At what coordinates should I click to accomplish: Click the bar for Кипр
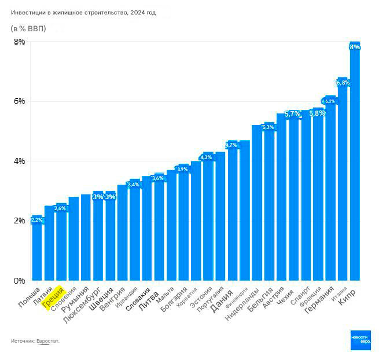click(355, 162)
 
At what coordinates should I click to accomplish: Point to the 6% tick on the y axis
click(19, 101)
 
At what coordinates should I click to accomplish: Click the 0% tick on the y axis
click(19, 281)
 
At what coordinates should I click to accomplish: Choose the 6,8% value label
click(343, 83)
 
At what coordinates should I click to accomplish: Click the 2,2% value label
click(36, 220)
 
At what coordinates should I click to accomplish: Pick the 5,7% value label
click(293, 114)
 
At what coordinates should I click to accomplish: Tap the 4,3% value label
click(206, 157)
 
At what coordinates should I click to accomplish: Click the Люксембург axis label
click(82, 303)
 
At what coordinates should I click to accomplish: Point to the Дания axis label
click(222, 299)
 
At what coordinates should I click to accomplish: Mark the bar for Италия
click(343, 179)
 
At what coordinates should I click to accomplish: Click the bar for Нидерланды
click(257, 203)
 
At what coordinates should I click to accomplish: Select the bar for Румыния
click(86, 237)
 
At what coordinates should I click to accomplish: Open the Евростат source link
click(47, 341)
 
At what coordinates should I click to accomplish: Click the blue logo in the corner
click(360, 340)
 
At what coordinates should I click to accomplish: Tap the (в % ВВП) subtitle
click(28, 28)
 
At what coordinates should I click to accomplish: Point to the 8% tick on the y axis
click(19, 42)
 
